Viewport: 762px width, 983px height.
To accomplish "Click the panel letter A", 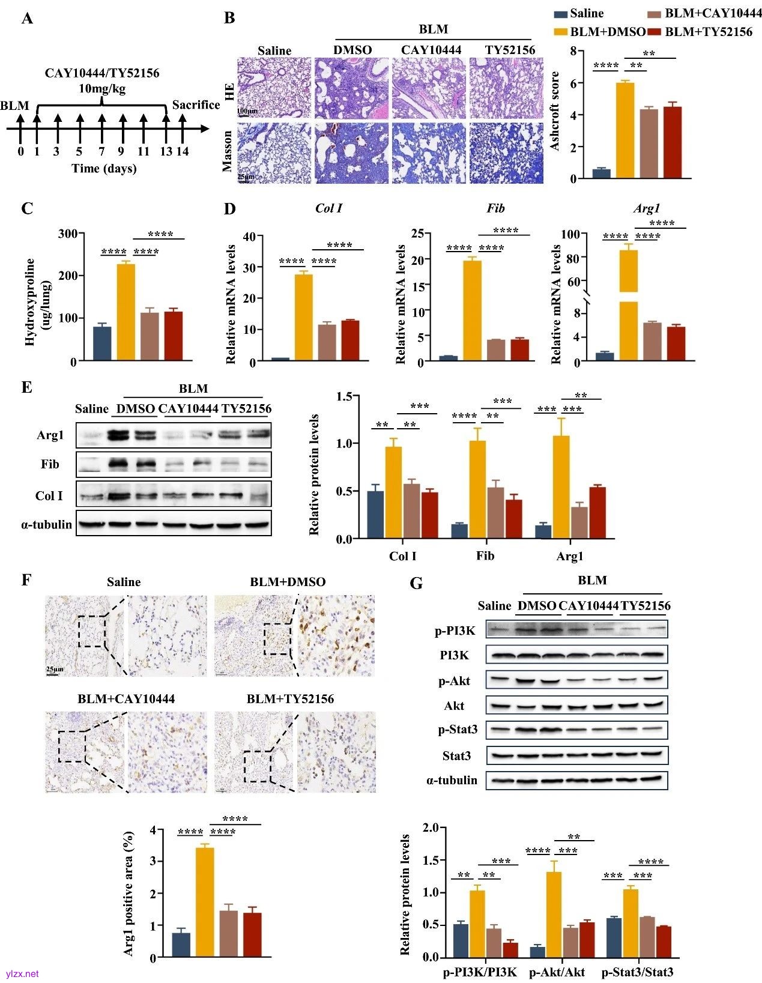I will [27, 19].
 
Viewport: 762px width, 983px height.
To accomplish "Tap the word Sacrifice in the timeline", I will [196, 105].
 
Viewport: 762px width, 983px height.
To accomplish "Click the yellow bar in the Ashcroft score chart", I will [625, 130].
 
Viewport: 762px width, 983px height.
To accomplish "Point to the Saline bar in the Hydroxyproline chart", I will [102, 343].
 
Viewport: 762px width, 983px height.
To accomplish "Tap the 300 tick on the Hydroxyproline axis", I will [67, 234].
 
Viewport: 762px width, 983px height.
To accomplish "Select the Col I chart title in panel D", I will [328, 208].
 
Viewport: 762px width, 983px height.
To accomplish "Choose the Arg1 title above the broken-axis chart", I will [646, 208].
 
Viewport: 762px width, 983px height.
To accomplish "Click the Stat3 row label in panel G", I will [456, 755].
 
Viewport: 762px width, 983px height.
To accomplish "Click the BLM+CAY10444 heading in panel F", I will [126, 698].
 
